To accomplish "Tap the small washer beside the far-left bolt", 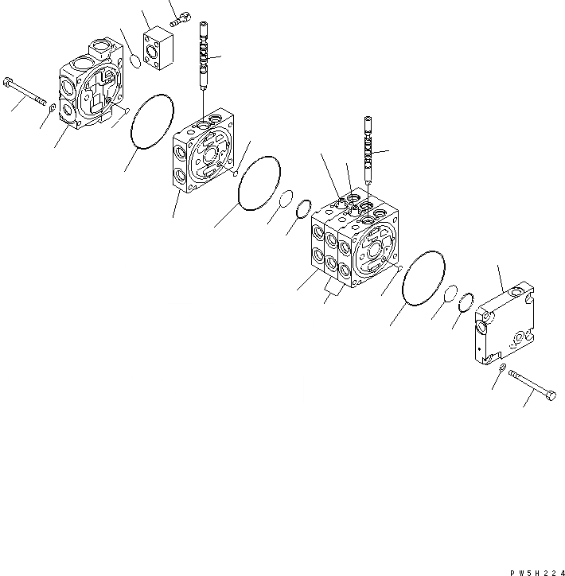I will pyautogui.click(x=53, y=107).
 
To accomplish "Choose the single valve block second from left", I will pyautogui.click(x=202, y=153).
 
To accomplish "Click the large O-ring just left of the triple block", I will pyautogui.click(x=259, y=184).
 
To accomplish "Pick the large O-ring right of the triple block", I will pyautogui.click(x=424, y=278).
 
